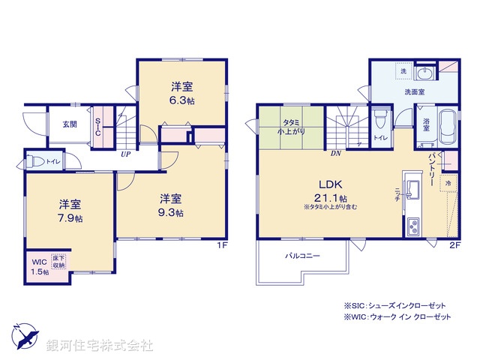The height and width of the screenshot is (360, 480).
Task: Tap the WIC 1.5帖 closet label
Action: click(39, 267)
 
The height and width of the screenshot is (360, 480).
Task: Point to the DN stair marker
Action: click(337, 152)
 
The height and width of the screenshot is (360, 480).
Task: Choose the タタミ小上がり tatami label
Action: click(292, 126)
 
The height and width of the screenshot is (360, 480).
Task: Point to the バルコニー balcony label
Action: click(302, 256)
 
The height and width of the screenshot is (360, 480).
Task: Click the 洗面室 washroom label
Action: click(414, 91)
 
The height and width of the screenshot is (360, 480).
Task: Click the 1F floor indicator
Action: click(222, 245)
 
